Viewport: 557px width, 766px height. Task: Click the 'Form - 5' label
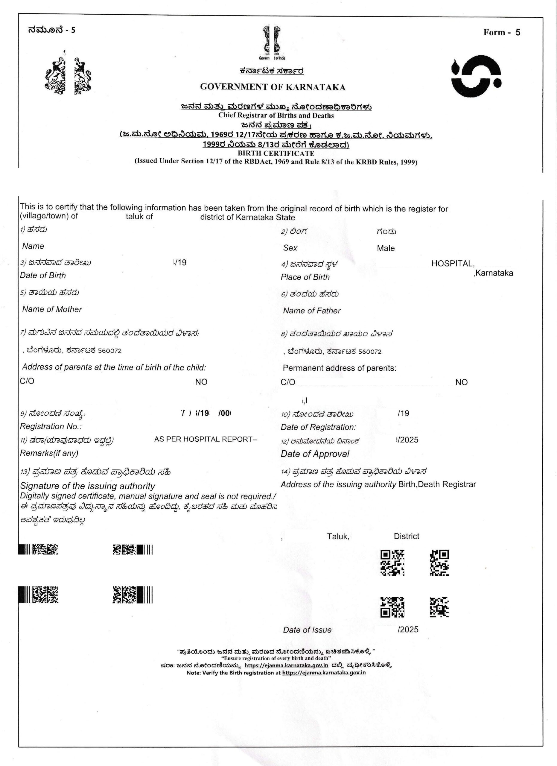502,32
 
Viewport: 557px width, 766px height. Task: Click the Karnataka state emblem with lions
68,75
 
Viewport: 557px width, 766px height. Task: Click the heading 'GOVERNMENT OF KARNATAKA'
273,87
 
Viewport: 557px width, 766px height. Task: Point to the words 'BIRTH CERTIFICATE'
276,153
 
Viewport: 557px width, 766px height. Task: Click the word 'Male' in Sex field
386,248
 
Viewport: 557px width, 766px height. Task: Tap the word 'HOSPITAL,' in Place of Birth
453,264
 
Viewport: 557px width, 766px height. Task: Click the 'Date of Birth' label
43,275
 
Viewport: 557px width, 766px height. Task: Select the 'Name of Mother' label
52,309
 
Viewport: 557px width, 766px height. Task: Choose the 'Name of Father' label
312,311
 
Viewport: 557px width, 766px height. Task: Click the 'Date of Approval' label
315,454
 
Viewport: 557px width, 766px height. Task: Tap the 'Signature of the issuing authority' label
87,486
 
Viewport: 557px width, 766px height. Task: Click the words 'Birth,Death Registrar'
437,484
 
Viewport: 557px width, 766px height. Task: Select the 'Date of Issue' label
307,630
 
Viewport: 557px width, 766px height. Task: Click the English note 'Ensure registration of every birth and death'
276,658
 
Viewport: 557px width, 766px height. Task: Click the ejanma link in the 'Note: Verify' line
324,672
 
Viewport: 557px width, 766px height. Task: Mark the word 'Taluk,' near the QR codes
338,536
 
